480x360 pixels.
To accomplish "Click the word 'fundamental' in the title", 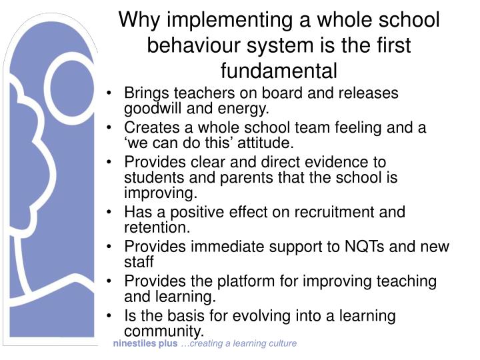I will [x=279, y=69].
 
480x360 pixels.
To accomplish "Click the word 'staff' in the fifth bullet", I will [x=139, y=263].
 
